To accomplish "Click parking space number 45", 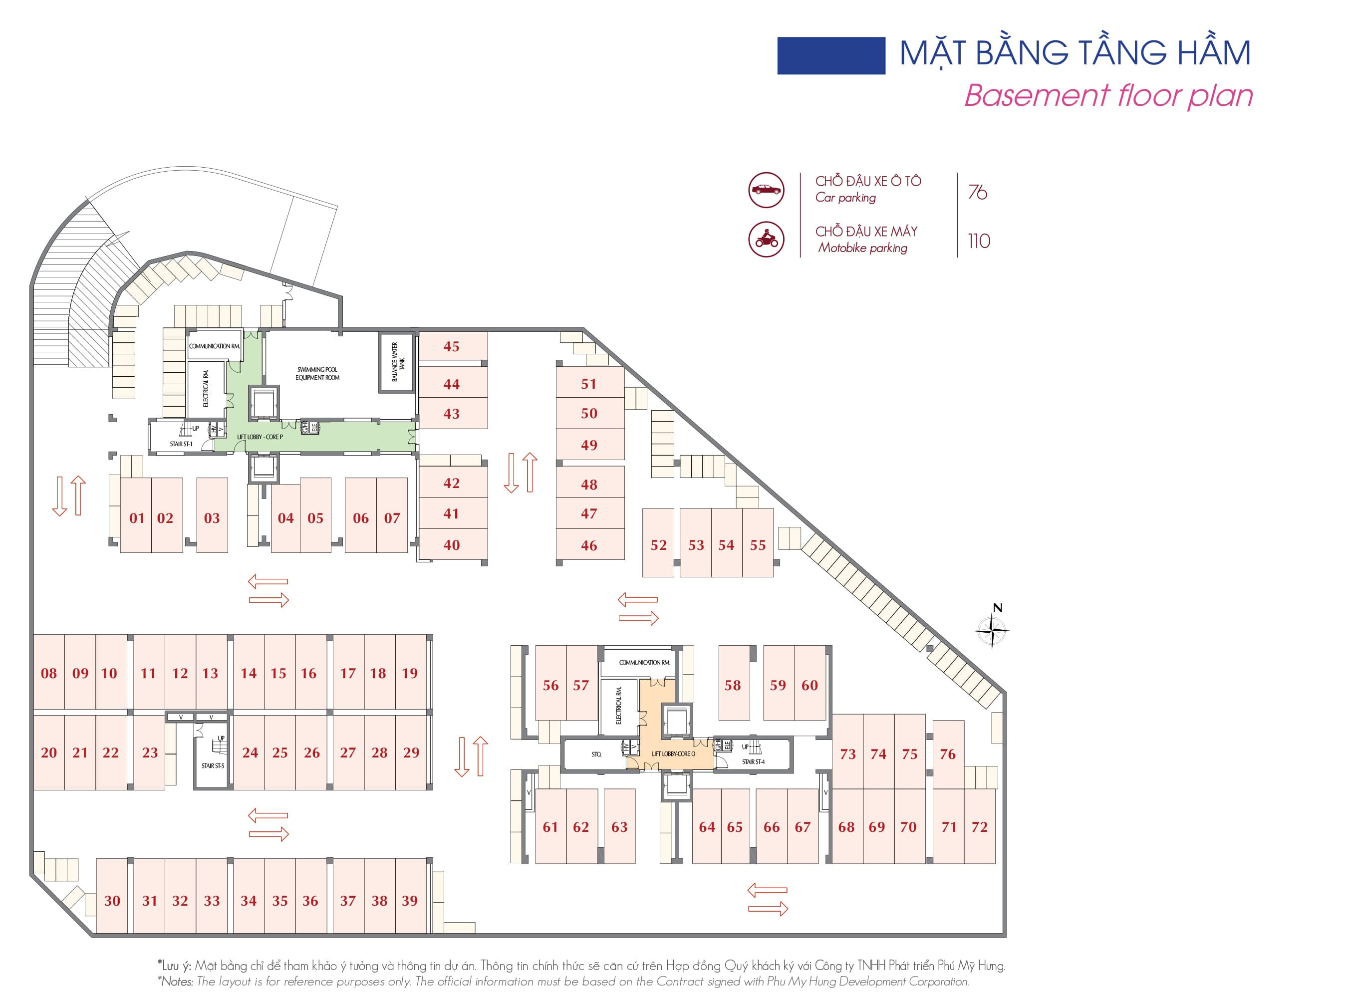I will [x=452, y=347].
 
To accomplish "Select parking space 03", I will [x=212, y=518].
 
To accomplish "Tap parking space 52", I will [x=658, y=545].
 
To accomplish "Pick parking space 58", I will [x=733, y=685].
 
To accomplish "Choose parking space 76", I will [x=948, y=754].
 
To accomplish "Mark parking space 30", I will [x=112, y=901].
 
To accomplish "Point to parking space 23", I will [x=150, y=752].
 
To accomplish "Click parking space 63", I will [x=619, y=827].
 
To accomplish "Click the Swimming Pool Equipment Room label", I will [x=317, y=373].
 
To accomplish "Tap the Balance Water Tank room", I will [x=397, y=362].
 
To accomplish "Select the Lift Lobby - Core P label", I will [x=260, y=437].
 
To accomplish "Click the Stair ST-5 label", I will [x=213, y=766].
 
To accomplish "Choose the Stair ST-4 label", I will [x=753, y=762].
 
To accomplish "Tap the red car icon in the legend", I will [x=766, y=190].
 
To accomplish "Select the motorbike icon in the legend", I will [x=766, y=239].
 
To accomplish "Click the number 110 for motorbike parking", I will [x=979, y=242].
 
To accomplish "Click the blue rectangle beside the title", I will [x=830, y=55].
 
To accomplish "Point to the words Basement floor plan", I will [x=1108, y=95].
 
